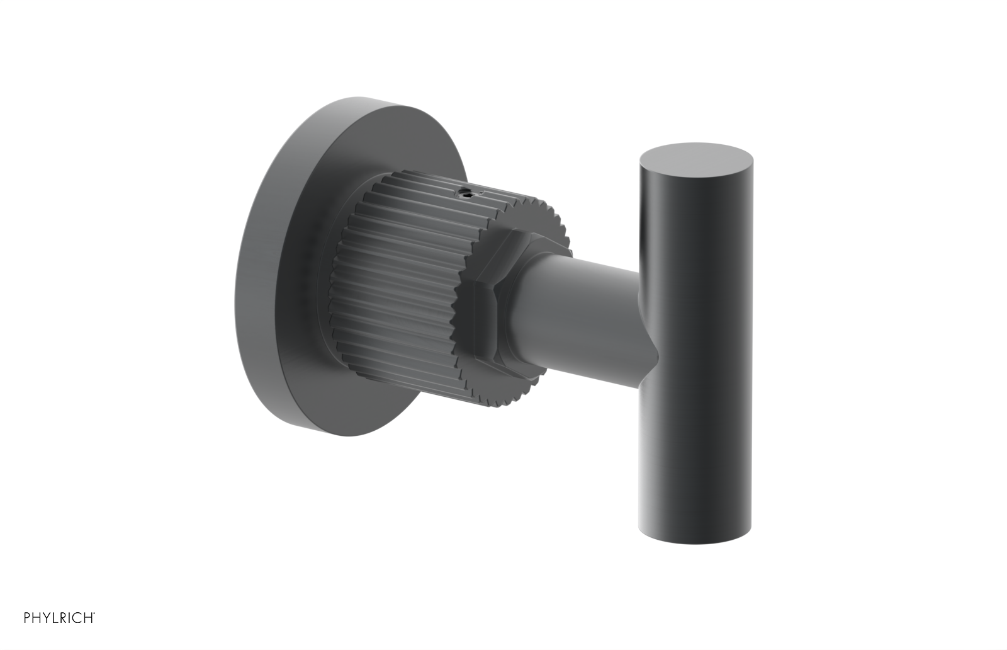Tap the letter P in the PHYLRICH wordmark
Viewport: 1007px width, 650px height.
click(27, 617)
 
